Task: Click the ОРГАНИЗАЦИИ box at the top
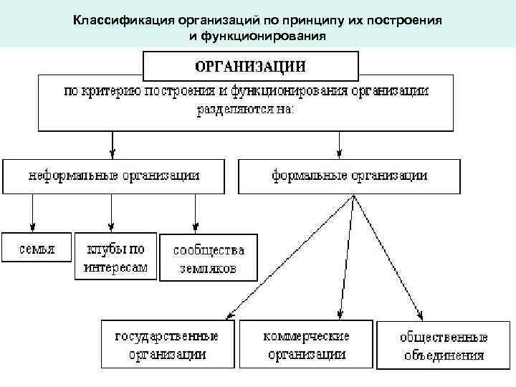pos(251,66)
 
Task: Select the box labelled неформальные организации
pos(113,175)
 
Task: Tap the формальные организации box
pos(350,175)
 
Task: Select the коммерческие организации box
pos(306,344)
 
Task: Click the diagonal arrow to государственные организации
pos(287,258)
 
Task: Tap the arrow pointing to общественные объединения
pos(387,258)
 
